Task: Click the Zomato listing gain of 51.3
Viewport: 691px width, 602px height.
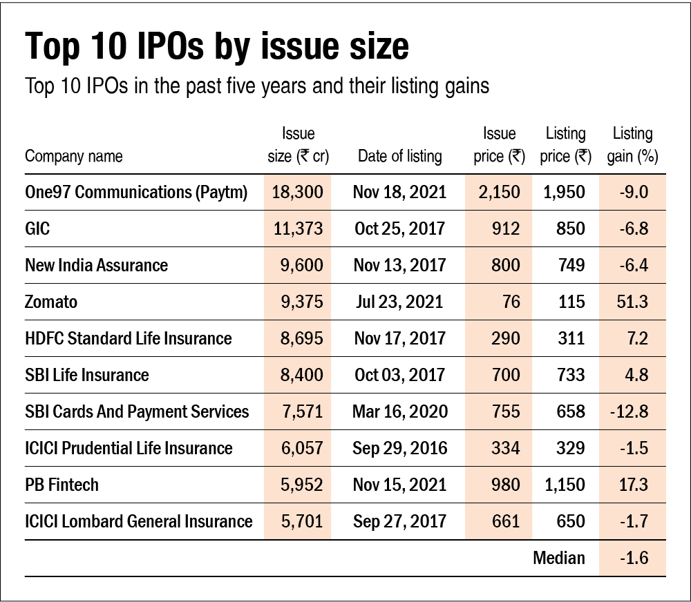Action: (x=634, y=302)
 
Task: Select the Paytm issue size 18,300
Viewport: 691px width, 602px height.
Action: (x=297, y=192)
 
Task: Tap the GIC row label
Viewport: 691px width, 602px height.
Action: (x=37, y=229)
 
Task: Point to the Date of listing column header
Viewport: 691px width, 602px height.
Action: (x=399, y=156)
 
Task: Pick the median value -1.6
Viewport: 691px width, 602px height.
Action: (x=634, y=558)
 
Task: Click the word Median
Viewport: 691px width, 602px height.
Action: (x=558, y=558)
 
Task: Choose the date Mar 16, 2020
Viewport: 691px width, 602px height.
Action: (x=399, y=411)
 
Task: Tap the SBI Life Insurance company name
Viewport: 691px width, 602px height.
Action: (x=86, y=375)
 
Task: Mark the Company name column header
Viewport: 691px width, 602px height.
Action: (x=73, y=156)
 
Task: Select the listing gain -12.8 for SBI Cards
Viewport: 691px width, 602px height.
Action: (x=629, y=411)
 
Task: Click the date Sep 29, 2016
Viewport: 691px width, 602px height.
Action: (x=399, y=448)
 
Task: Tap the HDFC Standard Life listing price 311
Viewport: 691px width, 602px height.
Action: (x=570, y=338)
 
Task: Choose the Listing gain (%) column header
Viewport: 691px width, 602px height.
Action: (x=632, y=145)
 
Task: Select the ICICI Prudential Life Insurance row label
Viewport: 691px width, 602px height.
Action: (x=128, y=448)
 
